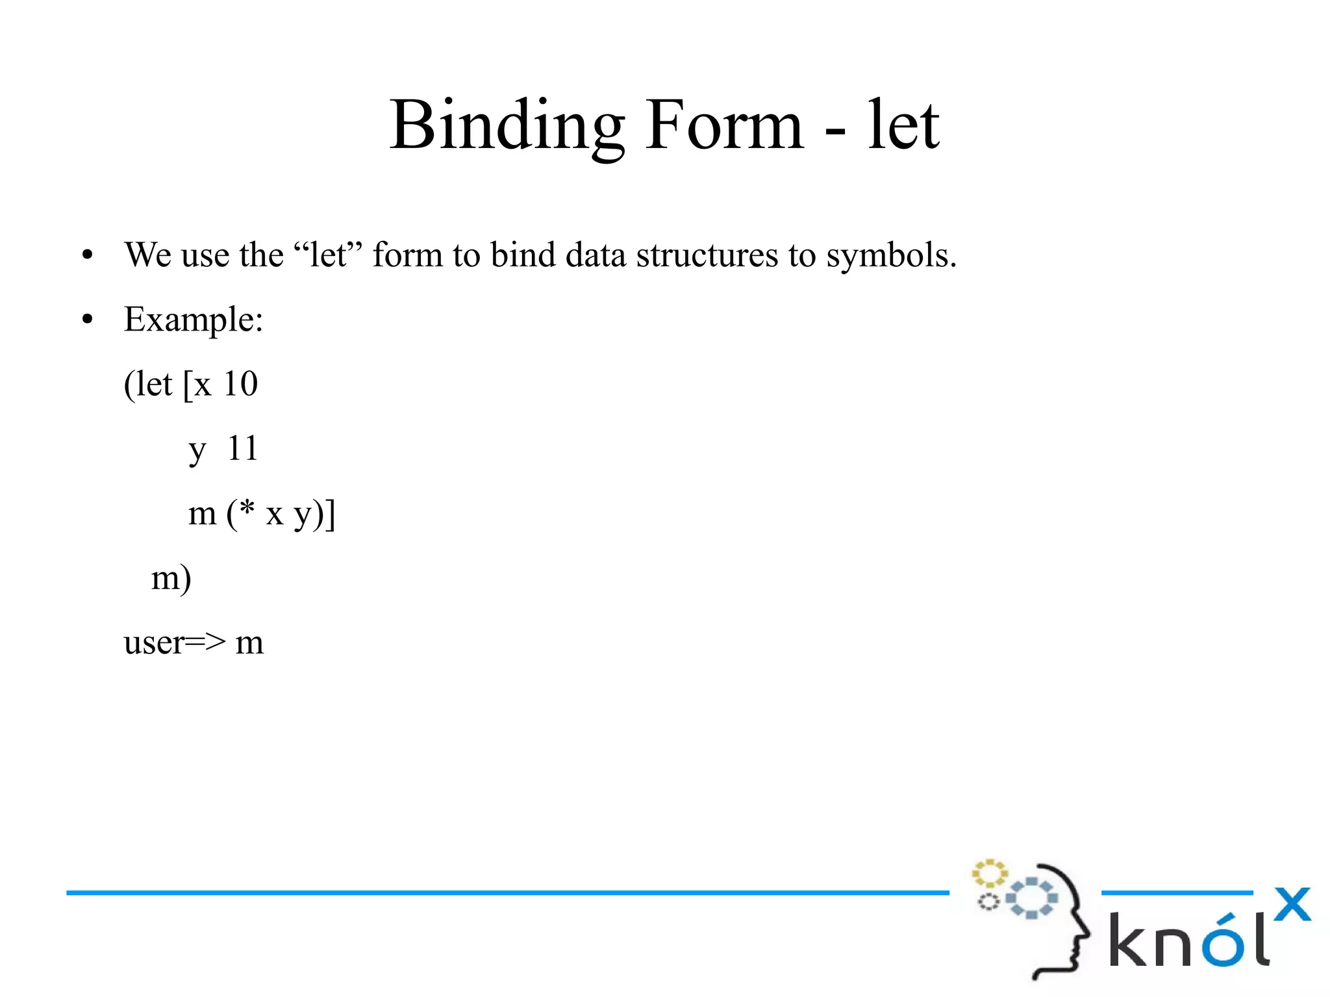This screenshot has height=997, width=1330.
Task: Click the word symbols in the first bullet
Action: coord(891,255)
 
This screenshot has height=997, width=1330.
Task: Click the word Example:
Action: coord(194,320)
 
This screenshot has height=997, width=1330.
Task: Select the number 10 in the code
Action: coord(240,384)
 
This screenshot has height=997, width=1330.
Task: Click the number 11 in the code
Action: coord(242,448)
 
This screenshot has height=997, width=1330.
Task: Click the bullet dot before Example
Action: coord(88,320)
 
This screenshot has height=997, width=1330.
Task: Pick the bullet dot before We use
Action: coord(88,255)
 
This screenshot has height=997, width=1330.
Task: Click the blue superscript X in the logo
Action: coord(1292,904)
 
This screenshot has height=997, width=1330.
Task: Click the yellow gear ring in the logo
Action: coord(989,874)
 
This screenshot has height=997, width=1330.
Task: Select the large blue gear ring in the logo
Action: coord(1031,898)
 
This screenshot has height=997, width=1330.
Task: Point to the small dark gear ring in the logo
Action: coord(988,902)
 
